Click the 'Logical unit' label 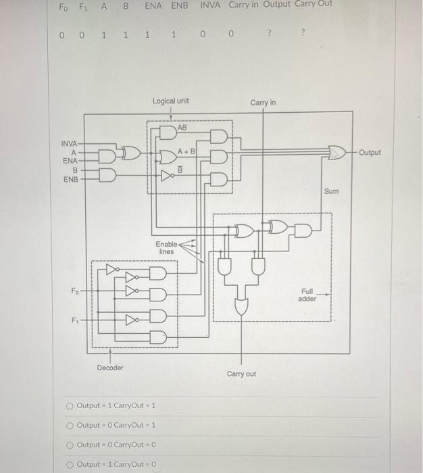coord(170,101)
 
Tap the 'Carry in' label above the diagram coord(263,103)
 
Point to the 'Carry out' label coord(241,374)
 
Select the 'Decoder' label coord(110,368)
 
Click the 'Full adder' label coord(307,295)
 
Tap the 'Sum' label coord(331,192)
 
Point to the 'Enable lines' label coord(166,247)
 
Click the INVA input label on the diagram coord(70,144)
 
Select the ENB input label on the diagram coord(70,180)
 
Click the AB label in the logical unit coord(183,127)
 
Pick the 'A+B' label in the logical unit coord(186,151)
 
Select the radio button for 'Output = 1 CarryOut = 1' coord(70,405)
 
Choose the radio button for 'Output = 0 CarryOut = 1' coord(70,425)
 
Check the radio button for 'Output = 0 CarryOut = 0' coord(70,445)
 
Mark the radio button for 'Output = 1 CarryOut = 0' coord(70,464)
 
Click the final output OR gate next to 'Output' coord(336,153)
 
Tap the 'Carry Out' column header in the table coord(315,5)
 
